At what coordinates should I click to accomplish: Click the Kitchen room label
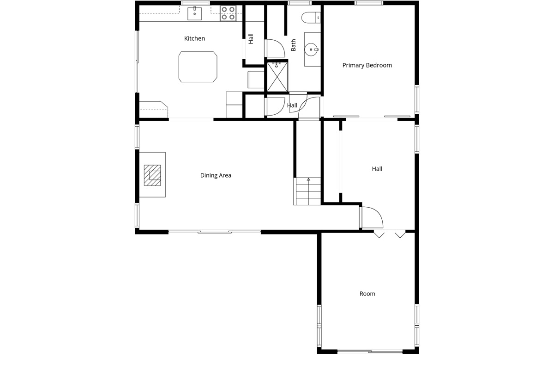point(194,38)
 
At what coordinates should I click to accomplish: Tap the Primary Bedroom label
point(367,65)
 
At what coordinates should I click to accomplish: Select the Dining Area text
point(216,175)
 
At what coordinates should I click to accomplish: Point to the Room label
point(367,294)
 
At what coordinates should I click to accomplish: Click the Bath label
point(293,45)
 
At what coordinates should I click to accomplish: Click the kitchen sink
point(194,13)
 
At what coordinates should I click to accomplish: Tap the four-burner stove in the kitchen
point(228,13)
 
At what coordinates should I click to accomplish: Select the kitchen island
point(198,67)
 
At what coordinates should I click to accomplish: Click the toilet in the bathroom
point(311,18)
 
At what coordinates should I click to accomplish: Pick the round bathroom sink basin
point(311,49)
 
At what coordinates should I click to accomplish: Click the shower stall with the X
point(277,77)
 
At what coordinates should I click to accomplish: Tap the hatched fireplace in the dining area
point(152,175)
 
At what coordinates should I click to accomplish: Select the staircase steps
point(307,191)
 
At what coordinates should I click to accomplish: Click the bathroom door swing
point(275,48)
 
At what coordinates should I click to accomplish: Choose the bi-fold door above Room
point(390,234)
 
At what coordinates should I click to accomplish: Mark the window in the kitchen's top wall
point(195,3)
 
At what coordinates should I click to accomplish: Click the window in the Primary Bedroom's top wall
point(369,3)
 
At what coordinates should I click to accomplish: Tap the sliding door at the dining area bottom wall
point(214,232)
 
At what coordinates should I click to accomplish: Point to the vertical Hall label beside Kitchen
point(251,39)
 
